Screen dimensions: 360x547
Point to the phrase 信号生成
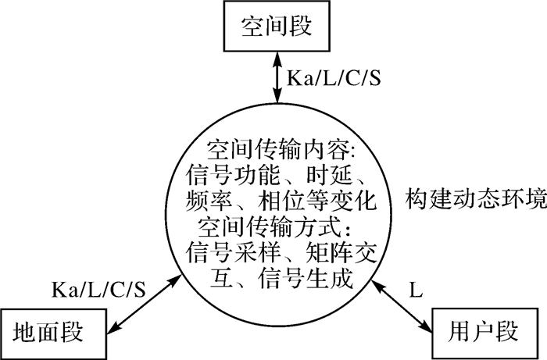[x=322, y=278]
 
